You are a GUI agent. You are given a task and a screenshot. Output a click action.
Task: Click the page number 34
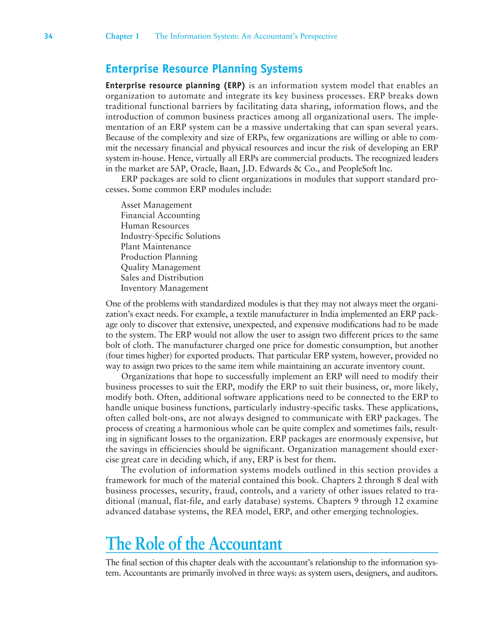click(x=48, y=36)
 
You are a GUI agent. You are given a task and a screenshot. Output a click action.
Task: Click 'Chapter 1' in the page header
click(x=122, y=36)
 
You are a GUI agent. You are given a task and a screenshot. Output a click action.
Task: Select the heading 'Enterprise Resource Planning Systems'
click(x=204, y=69)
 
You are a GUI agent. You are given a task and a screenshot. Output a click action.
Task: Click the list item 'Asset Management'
click(x=156, y=205)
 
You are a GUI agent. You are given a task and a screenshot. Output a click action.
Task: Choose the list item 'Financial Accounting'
click(x=160, y=215)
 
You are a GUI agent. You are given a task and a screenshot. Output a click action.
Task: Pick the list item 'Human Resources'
click(x=155, y=226)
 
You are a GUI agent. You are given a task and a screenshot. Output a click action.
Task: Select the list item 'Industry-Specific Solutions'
click(x=170, y=236)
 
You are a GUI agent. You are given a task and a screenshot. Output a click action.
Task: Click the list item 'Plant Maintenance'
click(x=156, y=246)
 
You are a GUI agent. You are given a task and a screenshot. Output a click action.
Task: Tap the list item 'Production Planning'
click(x=159, y=257)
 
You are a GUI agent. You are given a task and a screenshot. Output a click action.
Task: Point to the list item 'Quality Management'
click(x=161, y=267)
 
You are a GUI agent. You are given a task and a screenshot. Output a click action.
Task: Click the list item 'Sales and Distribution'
click(x=162, y=278)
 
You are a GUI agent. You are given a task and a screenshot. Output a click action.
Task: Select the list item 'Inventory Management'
click(x=165, y=288)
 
